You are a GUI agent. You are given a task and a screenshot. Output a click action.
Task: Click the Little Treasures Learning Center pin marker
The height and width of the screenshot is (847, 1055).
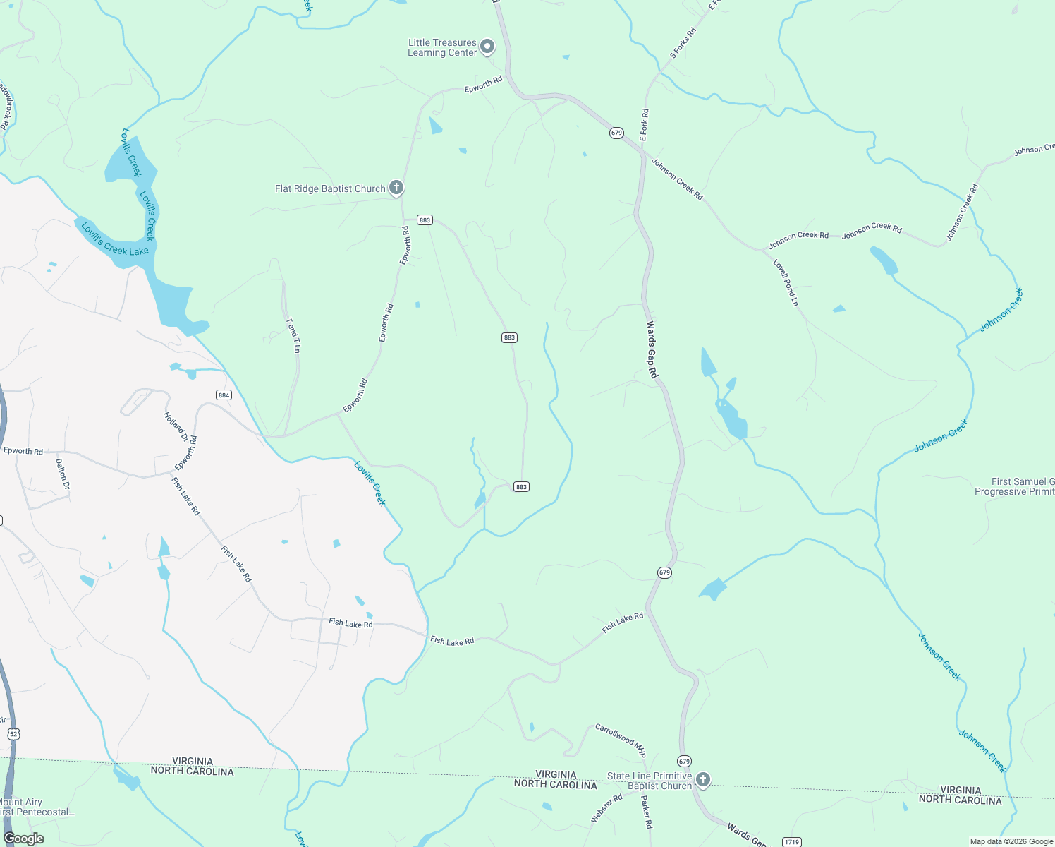click(487, 47)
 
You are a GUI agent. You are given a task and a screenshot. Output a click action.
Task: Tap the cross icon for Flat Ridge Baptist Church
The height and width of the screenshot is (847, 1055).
click(396, 188)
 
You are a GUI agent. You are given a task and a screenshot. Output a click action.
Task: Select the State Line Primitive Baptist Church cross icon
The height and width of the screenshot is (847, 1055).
click(702, 779)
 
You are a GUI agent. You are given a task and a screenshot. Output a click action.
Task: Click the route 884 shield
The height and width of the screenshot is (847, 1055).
click(224, 395)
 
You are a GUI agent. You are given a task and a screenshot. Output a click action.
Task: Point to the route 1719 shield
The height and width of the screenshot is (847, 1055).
click(792, 842)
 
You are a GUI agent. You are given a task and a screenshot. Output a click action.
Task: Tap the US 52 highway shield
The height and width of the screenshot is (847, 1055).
click(14, 734)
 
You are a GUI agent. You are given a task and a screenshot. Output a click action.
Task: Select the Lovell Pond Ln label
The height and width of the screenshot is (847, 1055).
click(786, 283)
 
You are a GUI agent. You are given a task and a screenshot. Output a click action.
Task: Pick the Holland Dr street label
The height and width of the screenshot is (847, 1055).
click(176, 427)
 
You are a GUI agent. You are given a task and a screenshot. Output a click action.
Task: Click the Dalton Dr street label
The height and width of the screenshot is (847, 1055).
click(63, 474)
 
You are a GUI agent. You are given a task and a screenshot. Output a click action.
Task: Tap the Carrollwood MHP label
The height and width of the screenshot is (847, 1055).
click(621, 740)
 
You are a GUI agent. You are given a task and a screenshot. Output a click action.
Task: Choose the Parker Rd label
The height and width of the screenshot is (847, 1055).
click(645, 812)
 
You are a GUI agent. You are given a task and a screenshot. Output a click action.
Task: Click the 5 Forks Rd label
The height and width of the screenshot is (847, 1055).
click(683, 43)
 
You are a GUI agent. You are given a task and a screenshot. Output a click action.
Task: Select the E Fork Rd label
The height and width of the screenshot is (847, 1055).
click(644, 125)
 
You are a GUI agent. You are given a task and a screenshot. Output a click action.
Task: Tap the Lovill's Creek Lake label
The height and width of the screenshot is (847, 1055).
click(115, 239)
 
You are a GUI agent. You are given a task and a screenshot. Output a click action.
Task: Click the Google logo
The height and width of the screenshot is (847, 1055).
click(23, 839)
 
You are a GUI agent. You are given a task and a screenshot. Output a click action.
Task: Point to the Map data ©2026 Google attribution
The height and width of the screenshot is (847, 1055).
click(1011, 841)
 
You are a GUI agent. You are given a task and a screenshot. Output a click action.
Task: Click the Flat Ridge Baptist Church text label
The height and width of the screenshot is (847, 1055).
click(330, 188)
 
